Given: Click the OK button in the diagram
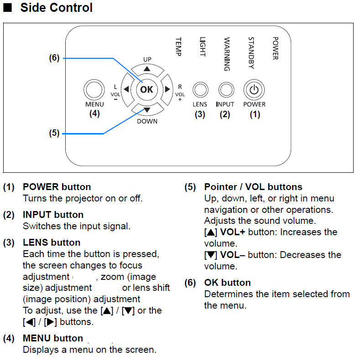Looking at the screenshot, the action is (x=146, y=89).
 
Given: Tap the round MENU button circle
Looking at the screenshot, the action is (x=94, y=89).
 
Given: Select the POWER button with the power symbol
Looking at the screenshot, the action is (x=254, y=89).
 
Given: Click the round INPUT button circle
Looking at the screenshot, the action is (x=226, y=89).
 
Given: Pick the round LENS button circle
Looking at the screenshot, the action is (x=200, y=89).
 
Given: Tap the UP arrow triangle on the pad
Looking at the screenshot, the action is (x=147, y=69).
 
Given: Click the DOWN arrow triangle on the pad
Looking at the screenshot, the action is (x=147, y=110).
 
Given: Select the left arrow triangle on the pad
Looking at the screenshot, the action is (x=126, y=89).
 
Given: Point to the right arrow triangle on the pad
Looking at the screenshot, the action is (x=167, y=89).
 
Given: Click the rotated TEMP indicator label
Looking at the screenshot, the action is (x=178, y=47).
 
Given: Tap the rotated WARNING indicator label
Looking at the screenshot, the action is (x=227, y=54).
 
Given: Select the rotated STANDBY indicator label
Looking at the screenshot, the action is (x=251, y=53).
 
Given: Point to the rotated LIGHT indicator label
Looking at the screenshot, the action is (x=203, y=47).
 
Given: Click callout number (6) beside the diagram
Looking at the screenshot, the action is (x=54, y=57).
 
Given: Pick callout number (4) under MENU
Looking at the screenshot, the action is (x=94, y=113).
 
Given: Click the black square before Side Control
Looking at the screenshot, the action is (x=7, y=8).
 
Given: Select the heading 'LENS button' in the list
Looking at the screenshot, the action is (x=52, y=242).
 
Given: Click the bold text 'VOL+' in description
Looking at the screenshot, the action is (x=233, y=232).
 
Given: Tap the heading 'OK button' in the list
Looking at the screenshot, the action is (x=228, y=283).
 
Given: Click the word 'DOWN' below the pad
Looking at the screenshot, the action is (x=147, y=121).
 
